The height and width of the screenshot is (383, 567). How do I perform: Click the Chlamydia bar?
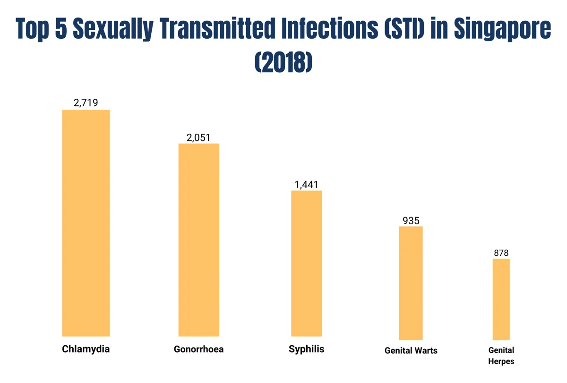coord(86,223)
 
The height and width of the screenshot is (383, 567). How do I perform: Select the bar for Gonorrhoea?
coord(198,239)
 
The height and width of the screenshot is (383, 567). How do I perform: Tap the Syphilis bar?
coord(306,263)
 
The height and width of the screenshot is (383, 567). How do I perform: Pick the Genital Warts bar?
coord(411,283)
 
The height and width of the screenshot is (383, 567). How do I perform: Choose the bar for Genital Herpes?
coord(501,299)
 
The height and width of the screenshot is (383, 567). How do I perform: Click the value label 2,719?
coord(86,103)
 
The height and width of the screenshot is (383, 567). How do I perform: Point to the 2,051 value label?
coord(198,137)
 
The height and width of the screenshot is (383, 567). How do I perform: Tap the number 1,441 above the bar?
coord(306,184)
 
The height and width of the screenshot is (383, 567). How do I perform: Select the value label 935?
coord(411,220)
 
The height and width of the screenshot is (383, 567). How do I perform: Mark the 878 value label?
coord(501,253)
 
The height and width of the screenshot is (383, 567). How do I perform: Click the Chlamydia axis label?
coord(86,349)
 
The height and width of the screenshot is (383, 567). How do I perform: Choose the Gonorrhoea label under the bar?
coord(198,349)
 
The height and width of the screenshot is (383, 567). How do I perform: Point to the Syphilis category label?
coord(306,349)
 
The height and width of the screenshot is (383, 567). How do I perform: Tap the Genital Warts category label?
coord(411,350)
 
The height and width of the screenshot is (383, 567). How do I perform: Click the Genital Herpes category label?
coord(501,356)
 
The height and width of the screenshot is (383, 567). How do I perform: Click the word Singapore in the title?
coord(502,29)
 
